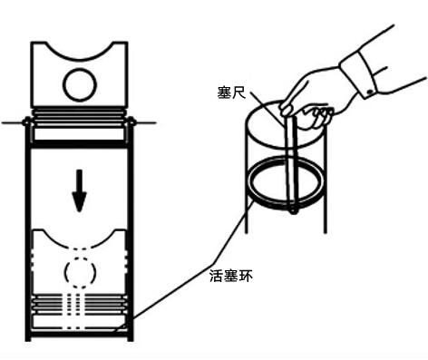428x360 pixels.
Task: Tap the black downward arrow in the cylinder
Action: (x=81, y=190)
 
